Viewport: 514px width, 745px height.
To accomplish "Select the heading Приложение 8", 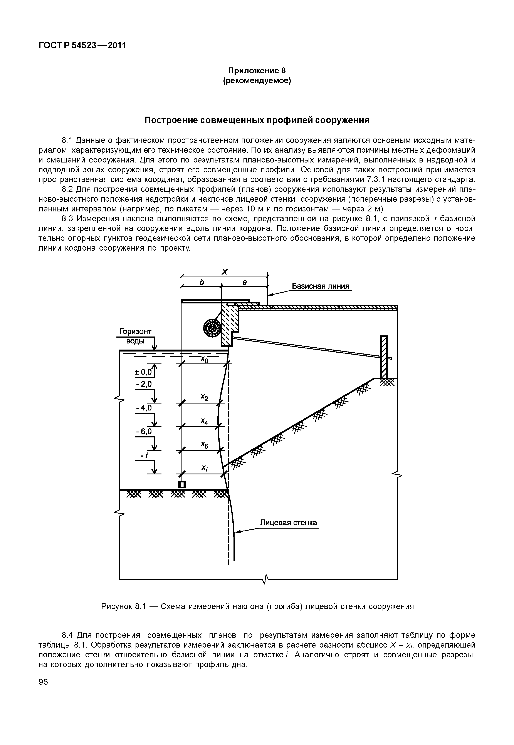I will click(257, 70).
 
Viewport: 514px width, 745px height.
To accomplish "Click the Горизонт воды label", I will click(135, 336).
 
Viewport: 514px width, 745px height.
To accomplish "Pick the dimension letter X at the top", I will click(225, 272).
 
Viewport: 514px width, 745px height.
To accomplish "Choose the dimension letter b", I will click(202, 282).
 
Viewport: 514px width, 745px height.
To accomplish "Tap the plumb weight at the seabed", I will click(182, 485).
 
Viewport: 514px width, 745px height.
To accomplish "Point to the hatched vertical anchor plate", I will click(384, 357).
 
